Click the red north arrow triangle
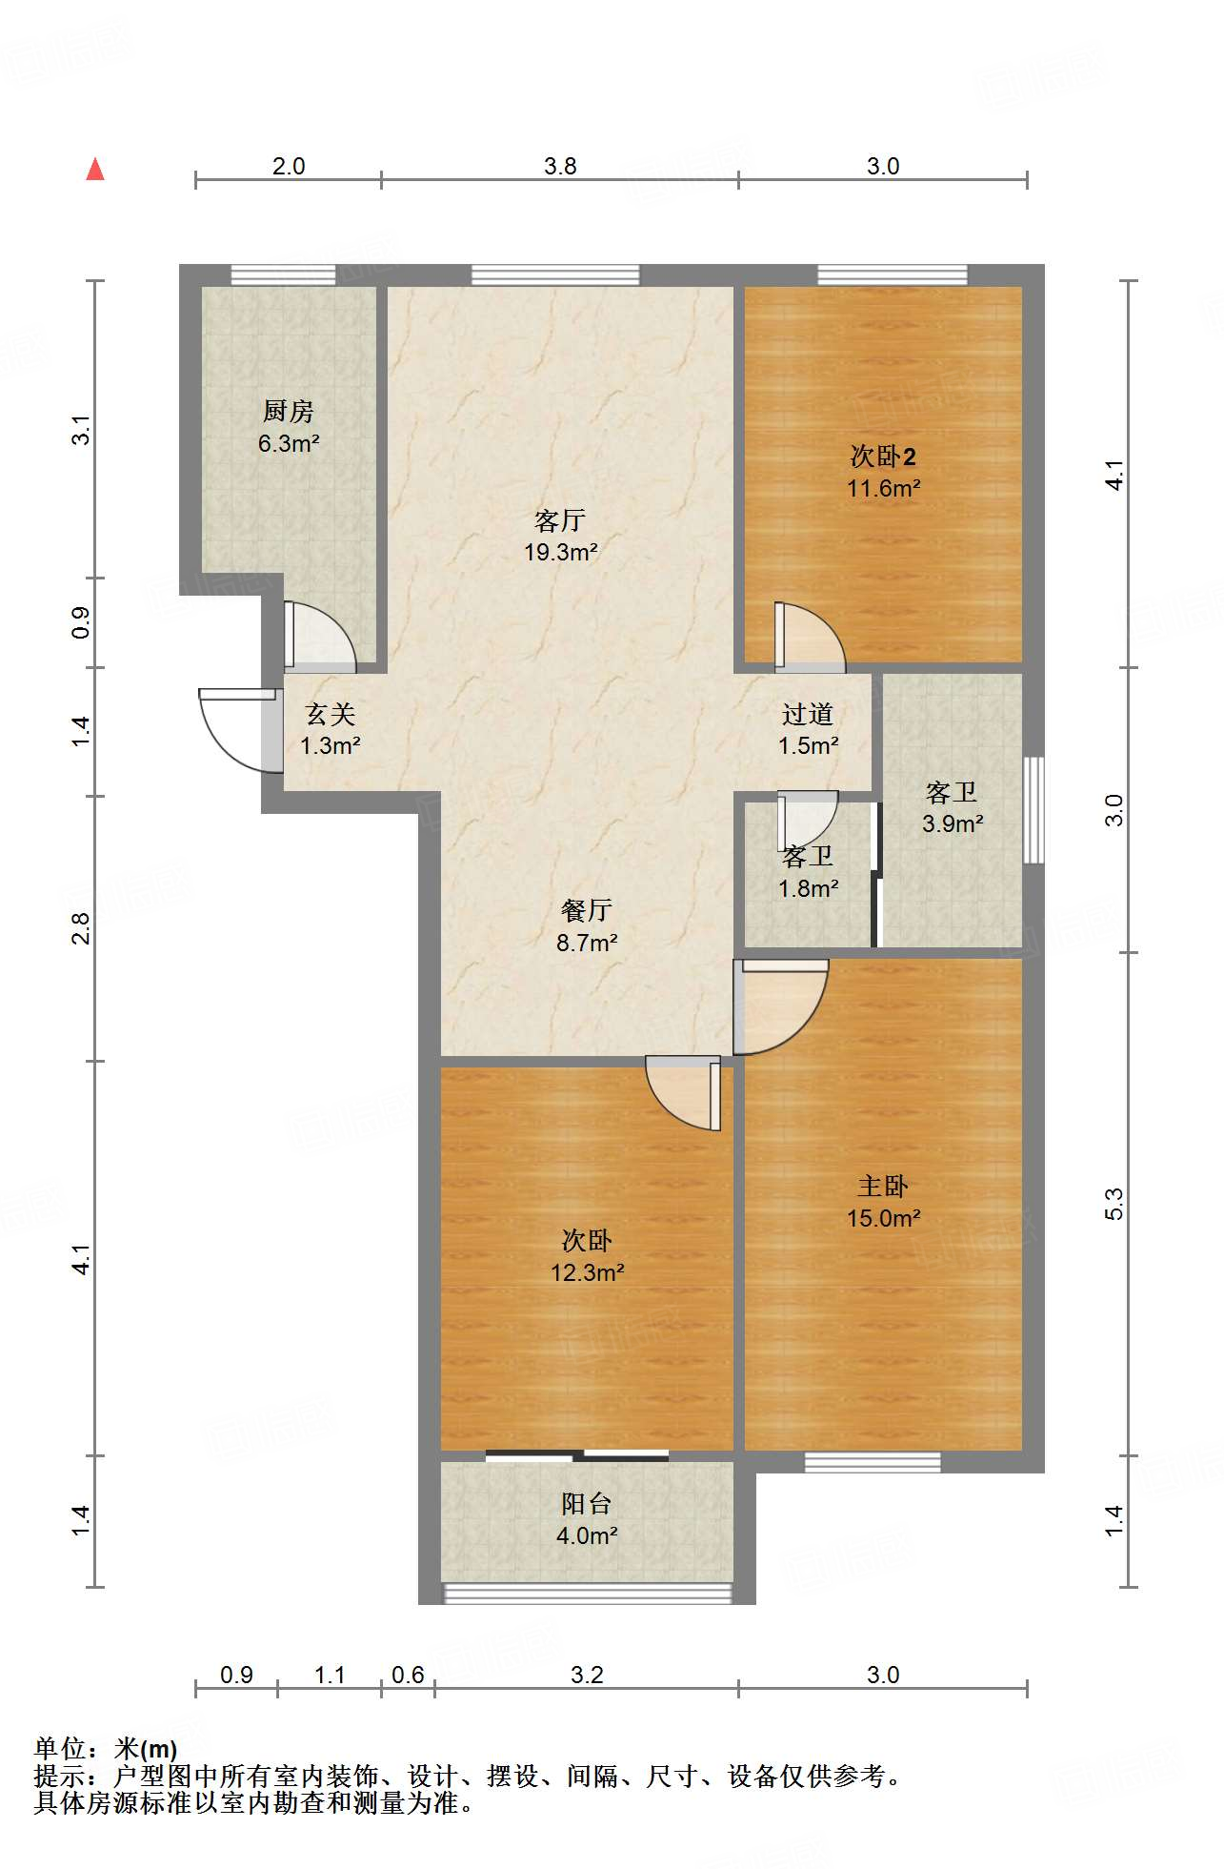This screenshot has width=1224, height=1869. point(95,170)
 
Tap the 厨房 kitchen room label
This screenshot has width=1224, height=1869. point(288,412)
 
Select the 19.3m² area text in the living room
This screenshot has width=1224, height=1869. point(560,552)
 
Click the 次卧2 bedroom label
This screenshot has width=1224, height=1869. point(883,457)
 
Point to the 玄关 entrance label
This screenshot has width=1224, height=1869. point(330,714)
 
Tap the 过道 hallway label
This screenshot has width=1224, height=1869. point(808,714)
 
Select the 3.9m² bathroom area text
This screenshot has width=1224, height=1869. point(953,823)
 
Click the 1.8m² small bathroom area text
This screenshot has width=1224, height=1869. point(808,889)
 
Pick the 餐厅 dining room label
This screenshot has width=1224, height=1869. point(587,911)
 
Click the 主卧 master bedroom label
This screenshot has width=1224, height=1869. point(883,1187)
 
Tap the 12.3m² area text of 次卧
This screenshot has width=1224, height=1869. point(587,1272)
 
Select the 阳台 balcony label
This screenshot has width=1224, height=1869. point(587,1504)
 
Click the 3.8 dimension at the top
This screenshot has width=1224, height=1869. point(560,167)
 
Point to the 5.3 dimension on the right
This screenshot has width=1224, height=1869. point(1114,1204)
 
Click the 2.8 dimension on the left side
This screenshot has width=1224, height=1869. point(82,928)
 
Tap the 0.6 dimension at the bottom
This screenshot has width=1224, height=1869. point(408,1675)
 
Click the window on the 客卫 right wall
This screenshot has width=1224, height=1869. point(1033,810)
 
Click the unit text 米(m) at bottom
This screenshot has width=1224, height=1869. point(146,1749)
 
